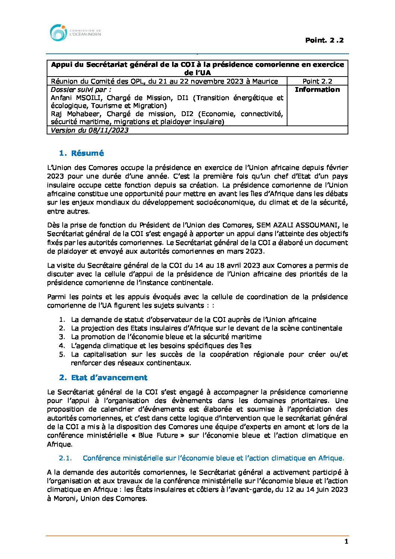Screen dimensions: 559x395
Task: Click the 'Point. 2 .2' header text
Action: (x=324, y=40)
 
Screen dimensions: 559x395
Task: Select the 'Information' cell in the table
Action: (x=317, y=90)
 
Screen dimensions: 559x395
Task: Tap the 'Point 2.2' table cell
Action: (x=317, y=81)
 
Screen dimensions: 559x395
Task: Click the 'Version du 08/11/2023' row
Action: (x=90, y=130)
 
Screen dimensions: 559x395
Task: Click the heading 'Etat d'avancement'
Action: (x=109, y=378)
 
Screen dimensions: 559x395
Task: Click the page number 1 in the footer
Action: (x=346, y=542)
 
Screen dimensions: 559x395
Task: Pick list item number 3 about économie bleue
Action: (x=166, y=337)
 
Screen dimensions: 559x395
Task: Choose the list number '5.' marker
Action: (x=62, y=354)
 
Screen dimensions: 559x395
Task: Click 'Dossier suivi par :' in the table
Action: (x=81, y=90)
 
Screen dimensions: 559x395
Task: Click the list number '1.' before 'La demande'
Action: (x=62, y=320)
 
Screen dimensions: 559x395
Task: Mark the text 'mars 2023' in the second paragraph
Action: (x=248, y=251)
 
